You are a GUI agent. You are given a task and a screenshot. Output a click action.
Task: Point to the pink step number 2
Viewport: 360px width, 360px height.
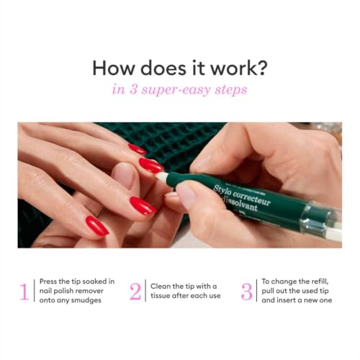(x=135, y=292)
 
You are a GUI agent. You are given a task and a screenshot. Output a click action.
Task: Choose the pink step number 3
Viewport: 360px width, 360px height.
(x=247, y=292)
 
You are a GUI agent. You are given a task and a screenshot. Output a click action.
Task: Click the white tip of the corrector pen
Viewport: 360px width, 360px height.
(x=162, y=176)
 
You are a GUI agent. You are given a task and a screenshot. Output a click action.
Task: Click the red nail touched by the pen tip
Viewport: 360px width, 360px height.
(x=150, y=166)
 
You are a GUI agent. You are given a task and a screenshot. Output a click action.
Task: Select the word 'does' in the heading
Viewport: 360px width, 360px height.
(x=160, y=68)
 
